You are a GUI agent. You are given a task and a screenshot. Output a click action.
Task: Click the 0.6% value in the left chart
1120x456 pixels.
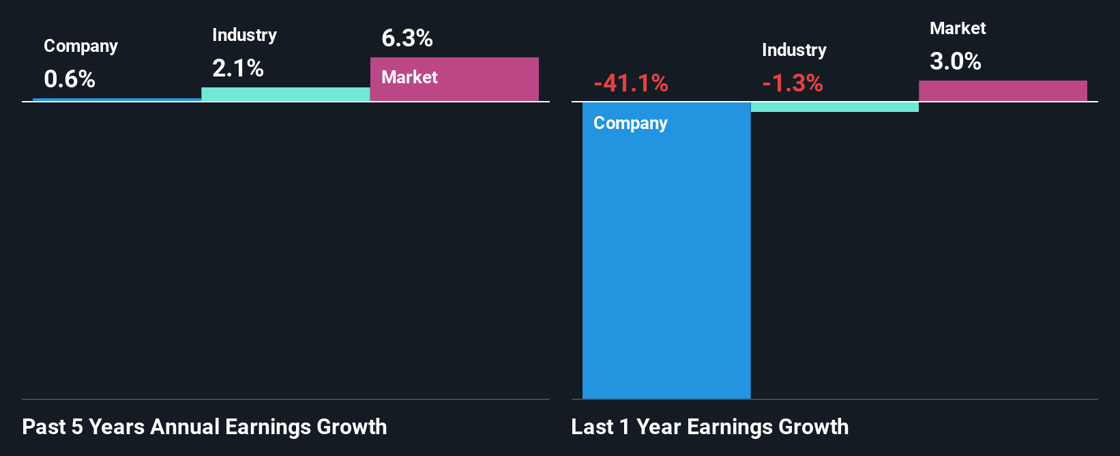click(x=70, y=79)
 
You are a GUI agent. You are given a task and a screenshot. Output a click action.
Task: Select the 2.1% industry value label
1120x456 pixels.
click(x=238, y=68)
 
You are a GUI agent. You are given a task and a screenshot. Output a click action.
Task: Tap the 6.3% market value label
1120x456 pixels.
click(x=407, y=39)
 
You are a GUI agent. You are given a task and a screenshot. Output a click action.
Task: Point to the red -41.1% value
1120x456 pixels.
click(x=631, y=83)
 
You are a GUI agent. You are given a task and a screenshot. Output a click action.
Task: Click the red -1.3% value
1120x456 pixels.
click(x=793, y=83)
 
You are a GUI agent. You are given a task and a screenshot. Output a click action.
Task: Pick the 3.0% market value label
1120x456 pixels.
click(x=956, y=62)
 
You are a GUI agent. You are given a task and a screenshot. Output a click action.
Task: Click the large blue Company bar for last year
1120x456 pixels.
click(x=666, y=259)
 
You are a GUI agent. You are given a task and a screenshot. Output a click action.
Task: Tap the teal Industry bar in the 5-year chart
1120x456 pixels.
click(x=286, y=94)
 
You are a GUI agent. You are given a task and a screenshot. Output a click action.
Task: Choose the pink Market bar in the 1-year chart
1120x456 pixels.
click(x=1003, y=91)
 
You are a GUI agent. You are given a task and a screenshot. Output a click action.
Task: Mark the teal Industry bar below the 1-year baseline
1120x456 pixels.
click(x=835, y=107)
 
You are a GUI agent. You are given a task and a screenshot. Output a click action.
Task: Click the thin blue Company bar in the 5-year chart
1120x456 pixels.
click(x=117, y=100)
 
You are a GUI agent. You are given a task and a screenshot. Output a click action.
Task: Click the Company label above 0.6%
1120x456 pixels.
click(x=80, y=46)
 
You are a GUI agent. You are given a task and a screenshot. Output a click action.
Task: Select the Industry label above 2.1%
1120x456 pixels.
click(x=244, y=35)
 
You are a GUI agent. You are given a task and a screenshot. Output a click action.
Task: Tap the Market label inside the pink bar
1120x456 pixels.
click(x=409, y=77)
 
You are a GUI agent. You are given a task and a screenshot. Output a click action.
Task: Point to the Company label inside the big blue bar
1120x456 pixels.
click(x=630, y=123)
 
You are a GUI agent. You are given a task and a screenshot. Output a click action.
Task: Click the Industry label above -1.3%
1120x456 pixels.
click(x=794, y=50)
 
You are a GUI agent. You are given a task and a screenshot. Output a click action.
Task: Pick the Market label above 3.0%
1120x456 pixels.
click(x=958, y=28)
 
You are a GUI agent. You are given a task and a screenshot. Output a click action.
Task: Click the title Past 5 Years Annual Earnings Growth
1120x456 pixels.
click(x=205, y=427)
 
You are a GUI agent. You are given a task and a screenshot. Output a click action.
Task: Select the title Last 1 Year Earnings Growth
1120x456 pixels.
click(x=710, y=427)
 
